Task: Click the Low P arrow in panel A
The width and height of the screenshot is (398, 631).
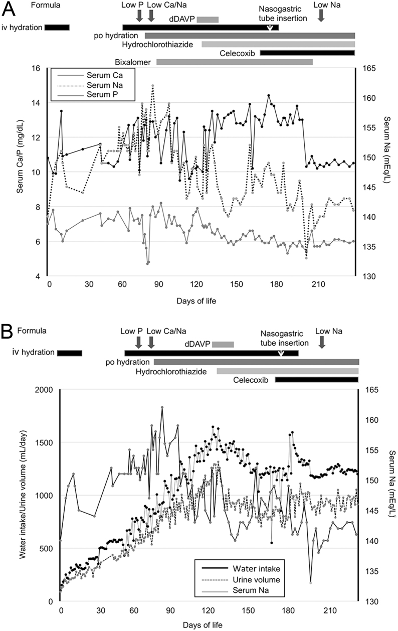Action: tap(139, 15)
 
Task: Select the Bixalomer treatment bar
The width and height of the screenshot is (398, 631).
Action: tap(235, 62)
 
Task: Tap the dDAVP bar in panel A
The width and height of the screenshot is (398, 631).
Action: tap(208, 20)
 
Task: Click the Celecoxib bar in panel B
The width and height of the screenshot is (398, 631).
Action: tap(317, 380)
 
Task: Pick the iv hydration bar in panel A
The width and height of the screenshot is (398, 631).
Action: tap(57, 27)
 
